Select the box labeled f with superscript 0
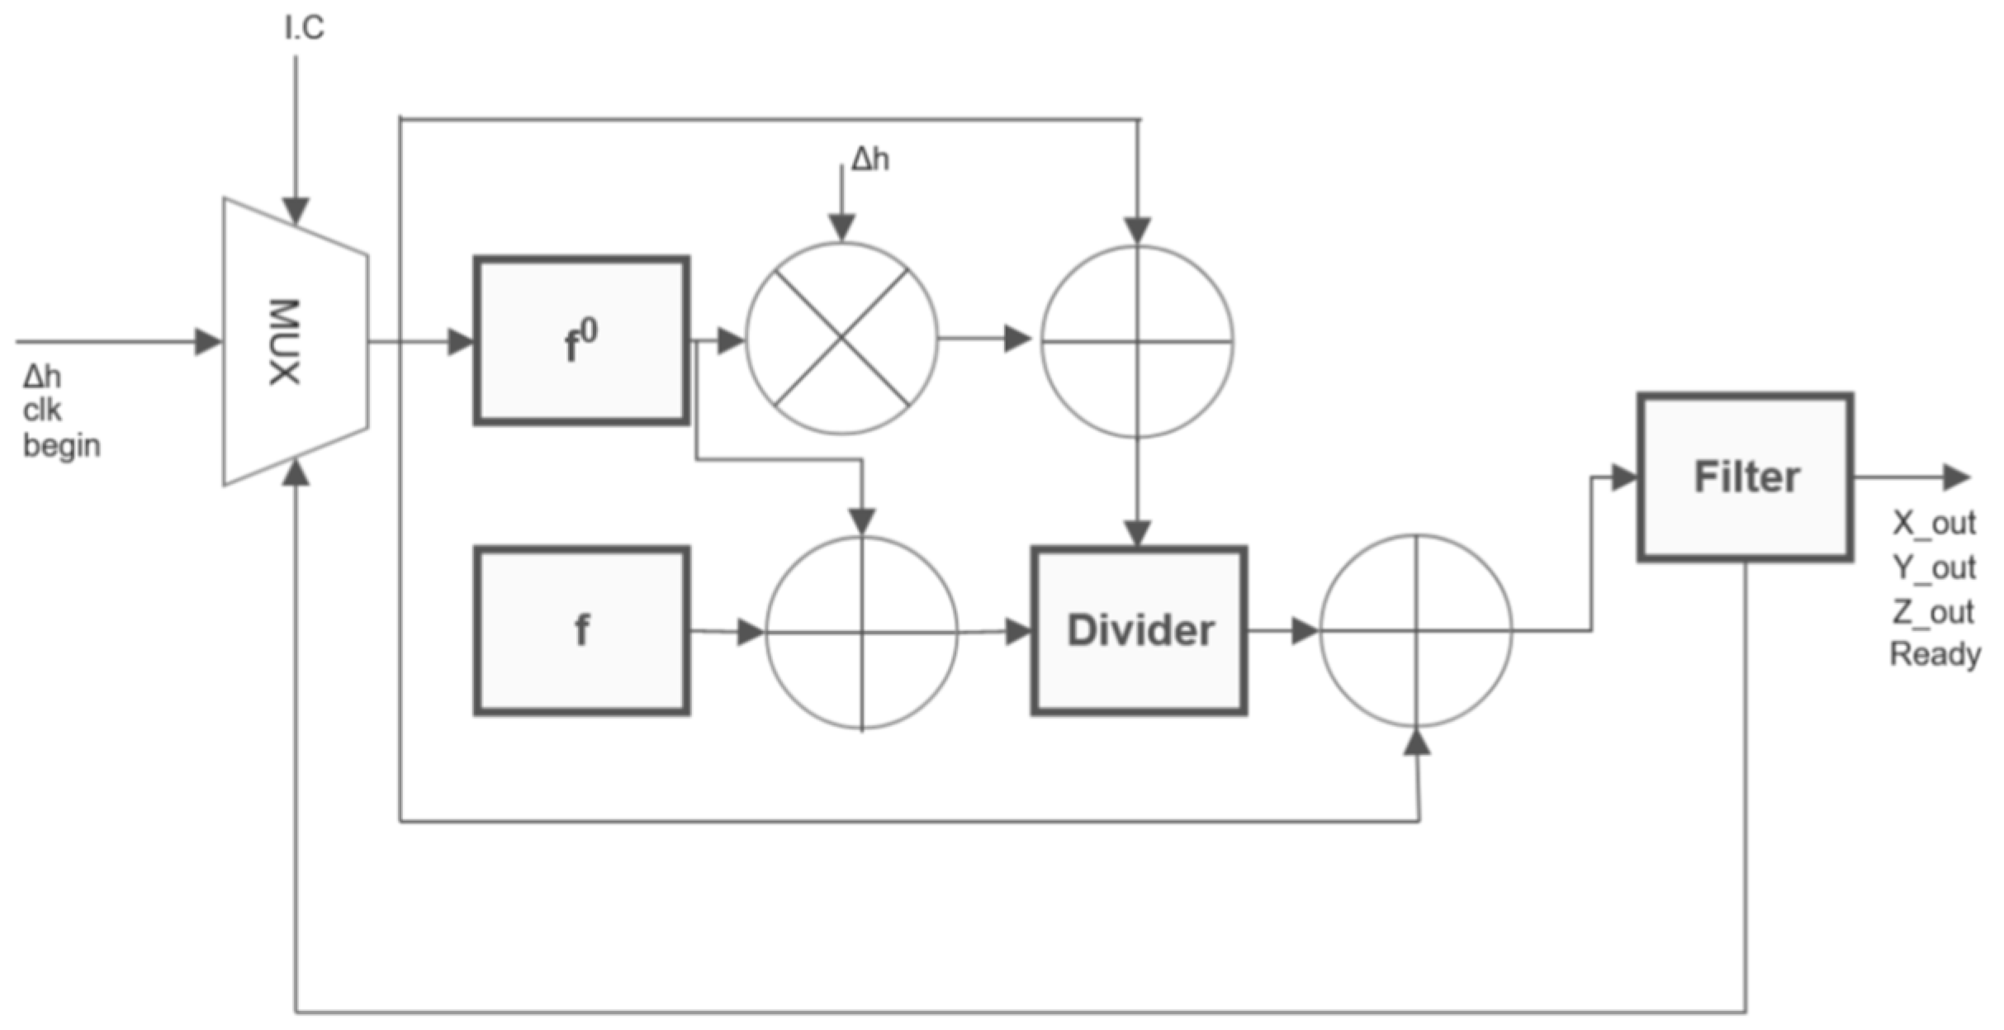[x=581, y=341]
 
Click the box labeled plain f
[x=581, y=630]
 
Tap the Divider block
[x=1139, y=630]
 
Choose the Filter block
[x=1746, y=477]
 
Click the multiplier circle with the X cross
[x=841, y=338]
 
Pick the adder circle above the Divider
[x=1137, y=341]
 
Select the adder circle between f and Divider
[x=861, y=633]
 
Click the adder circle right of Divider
[x=1416, y=631]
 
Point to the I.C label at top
[x=304, y=28]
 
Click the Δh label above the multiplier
[x=870, y=159]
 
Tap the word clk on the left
[x=41, y=411]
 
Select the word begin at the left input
[x=61, y=446]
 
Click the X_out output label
[x=1933, y=523]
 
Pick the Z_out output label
[x=1933, y=612]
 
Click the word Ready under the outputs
[x=1935, y=654]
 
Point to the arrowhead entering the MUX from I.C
[x=296, y=209]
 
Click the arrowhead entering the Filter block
[x=1624, y=477]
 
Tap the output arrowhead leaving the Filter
[x=1957, y=477]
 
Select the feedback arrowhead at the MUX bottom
[x=296, y=474]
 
